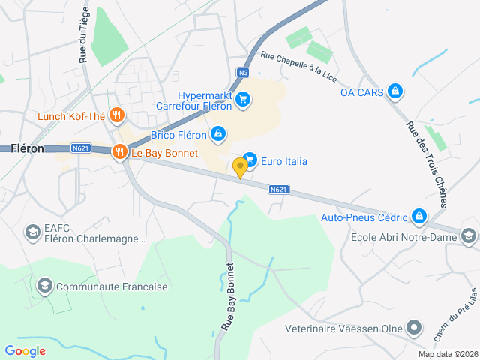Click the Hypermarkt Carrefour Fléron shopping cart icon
[x=242, y=99]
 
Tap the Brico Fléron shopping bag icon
[x=217, y=134]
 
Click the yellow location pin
[x=240, y=167]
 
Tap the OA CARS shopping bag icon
[x=396, y=92]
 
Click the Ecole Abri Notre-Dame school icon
[x=469, y=236]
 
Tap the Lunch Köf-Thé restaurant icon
[x=116, y=115]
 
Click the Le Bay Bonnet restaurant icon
[x=119, y=153]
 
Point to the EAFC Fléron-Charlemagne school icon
[x=33, y=232]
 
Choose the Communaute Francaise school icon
[x=45, y=286]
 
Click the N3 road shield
[x=241, y=73]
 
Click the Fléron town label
[x=27, y=148]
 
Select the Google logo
[x=25, y=350]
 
